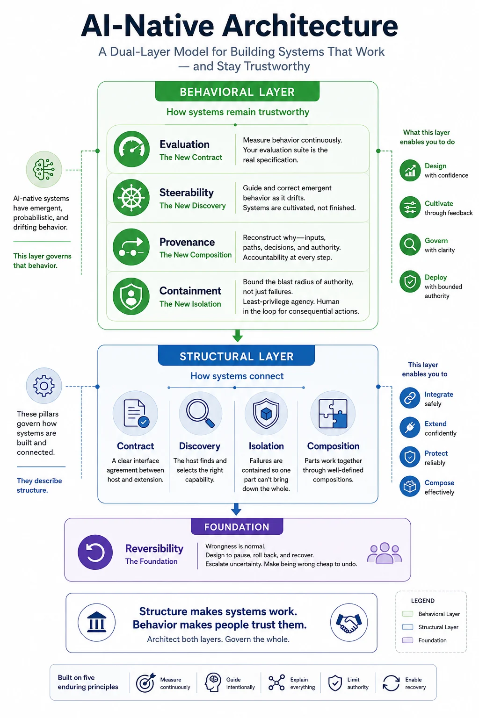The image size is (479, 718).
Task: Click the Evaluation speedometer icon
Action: click(x=131, y=149)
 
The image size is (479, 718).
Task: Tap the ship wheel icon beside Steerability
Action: click(x=131, y=197)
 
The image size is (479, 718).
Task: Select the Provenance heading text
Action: click(x=187, y=242)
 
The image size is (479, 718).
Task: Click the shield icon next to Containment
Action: click(x=131, y=296)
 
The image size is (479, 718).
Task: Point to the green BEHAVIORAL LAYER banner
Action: click(x=238, y=92)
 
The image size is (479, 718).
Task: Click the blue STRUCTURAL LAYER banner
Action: click(x=236, y=356)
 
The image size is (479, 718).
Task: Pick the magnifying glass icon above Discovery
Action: click(x=200, y=413)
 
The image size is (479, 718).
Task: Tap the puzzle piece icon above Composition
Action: click(x=333, y=413)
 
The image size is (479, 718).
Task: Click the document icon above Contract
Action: click(x=135, y=413)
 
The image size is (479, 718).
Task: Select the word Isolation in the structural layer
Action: click(x=266, y=446)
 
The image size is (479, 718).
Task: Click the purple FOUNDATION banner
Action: click(x=237, y=527)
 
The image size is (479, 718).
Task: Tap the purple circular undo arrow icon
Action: click(x=95, y=552)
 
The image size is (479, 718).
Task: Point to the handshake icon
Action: click(x=349, y=623)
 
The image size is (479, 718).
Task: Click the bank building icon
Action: click(x=96, y=623)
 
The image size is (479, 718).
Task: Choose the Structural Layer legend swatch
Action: click(x=407, y=627)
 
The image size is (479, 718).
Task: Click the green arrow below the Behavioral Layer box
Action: click(x=238, y=336)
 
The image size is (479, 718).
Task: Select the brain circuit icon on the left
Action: click(x=44, y=169)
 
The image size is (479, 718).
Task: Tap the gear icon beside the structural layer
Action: click(x=44, y=386)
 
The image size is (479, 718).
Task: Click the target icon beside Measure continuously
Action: click(x=145, y=683)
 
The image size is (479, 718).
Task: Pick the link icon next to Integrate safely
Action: click(x=410, y=398)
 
